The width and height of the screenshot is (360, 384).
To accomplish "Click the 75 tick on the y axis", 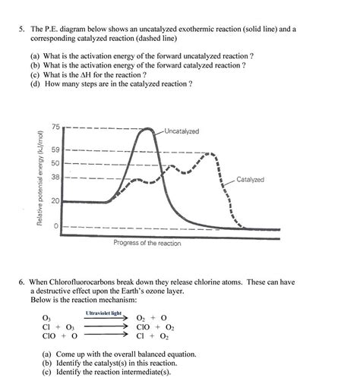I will click(x=55, y=126).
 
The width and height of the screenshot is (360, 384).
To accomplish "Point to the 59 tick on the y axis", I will click(x=55, y=150).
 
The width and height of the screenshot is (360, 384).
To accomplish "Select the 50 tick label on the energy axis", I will click(x=55, y=163).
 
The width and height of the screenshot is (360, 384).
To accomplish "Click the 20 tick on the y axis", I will click(x=55, y=201).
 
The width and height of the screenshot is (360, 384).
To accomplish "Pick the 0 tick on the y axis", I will click(x=55, y=226).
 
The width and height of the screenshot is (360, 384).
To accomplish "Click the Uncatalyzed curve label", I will click(x=181, y=131).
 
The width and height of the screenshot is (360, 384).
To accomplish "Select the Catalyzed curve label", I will click(x=250, y=180).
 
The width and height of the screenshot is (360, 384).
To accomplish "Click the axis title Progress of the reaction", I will click(x=147, y=243).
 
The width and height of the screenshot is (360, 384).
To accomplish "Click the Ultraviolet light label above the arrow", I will click(x=103, y=313).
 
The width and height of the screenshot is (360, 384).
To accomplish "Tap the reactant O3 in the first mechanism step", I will click(x=47, y=319).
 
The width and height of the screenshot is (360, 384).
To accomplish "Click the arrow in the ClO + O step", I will click(x=105, y=335).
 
